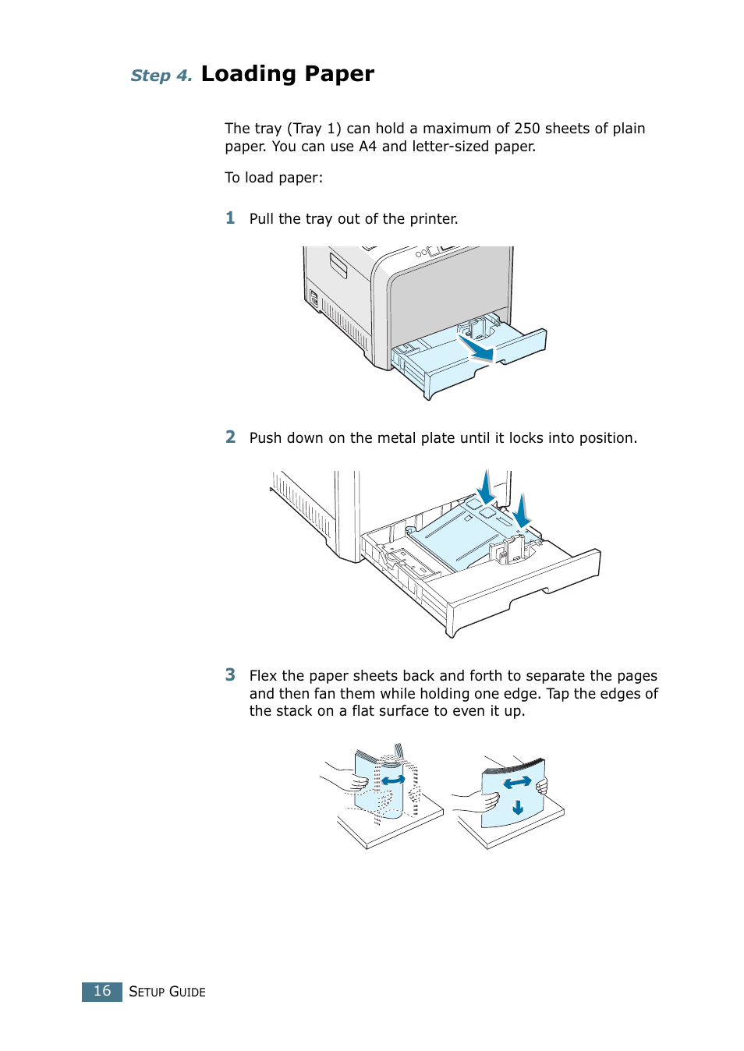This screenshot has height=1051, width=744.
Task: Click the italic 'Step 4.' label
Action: (x=161, y=76)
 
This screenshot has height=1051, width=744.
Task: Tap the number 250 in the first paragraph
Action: (x=526, y=129)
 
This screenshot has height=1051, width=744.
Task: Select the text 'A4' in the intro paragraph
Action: (x=367, y=147)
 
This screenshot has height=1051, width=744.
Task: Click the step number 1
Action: (x=230, y=218)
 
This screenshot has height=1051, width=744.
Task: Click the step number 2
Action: (x=230, y=437)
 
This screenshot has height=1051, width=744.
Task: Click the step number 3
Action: (x=230, y=675)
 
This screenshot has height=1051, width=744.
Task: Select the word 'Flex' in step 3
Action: (x=263, y=676)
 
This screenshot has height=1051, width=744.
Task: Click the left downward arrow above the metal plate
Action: (x=486, y=488)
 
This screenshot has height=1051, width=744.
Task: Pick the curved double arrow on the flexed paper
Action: (x=393, y=779)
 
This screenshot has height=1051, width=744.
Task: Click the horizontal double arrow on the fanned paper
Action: (x=516, y=782)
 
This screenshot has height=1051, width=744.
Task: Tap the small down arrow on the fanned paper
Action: (x=518, y=808)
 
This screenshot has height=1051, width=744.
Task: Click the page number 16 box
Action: (x=102, y=991)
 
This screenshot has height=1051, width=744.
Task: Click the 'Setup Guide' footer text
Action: (x=167, y=992)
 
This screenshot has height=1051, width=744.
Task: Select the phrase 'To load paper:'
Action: (x=274, y=178)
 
